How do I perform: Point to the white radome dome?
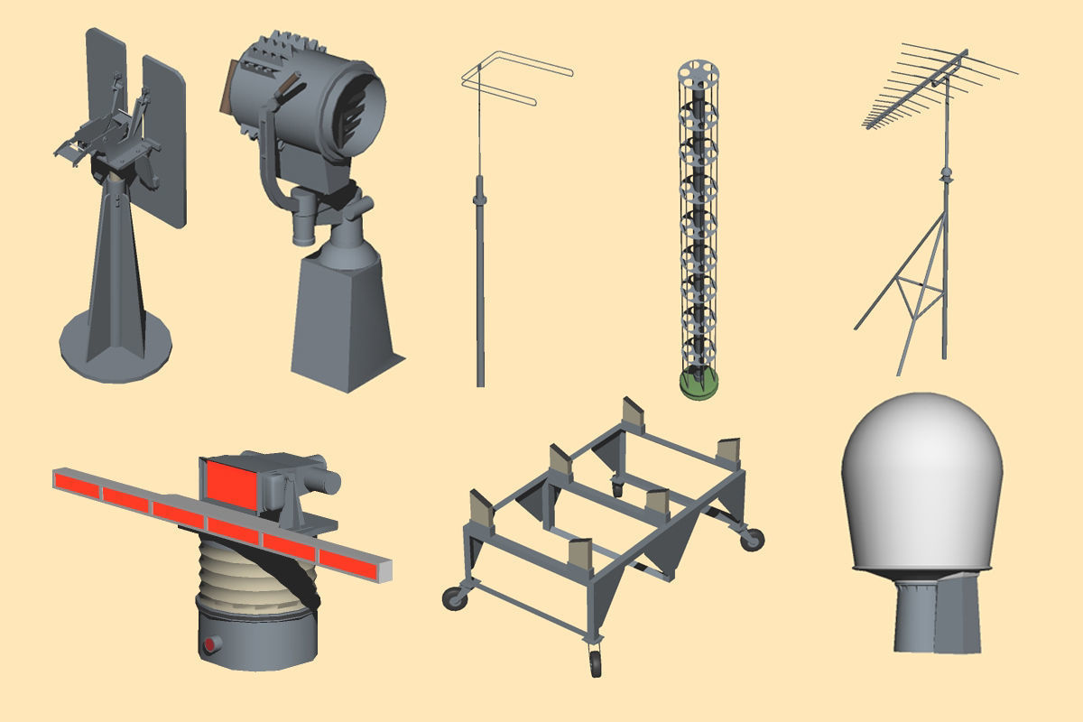point(921,478)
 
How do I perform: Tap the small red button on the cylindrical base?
point(211,644)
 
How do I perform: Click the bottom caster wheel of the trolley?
point(596,665)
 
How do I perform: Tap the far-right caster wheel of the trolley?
point(751,540)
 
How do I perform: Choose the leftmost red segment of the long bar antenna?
point(79,483)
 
